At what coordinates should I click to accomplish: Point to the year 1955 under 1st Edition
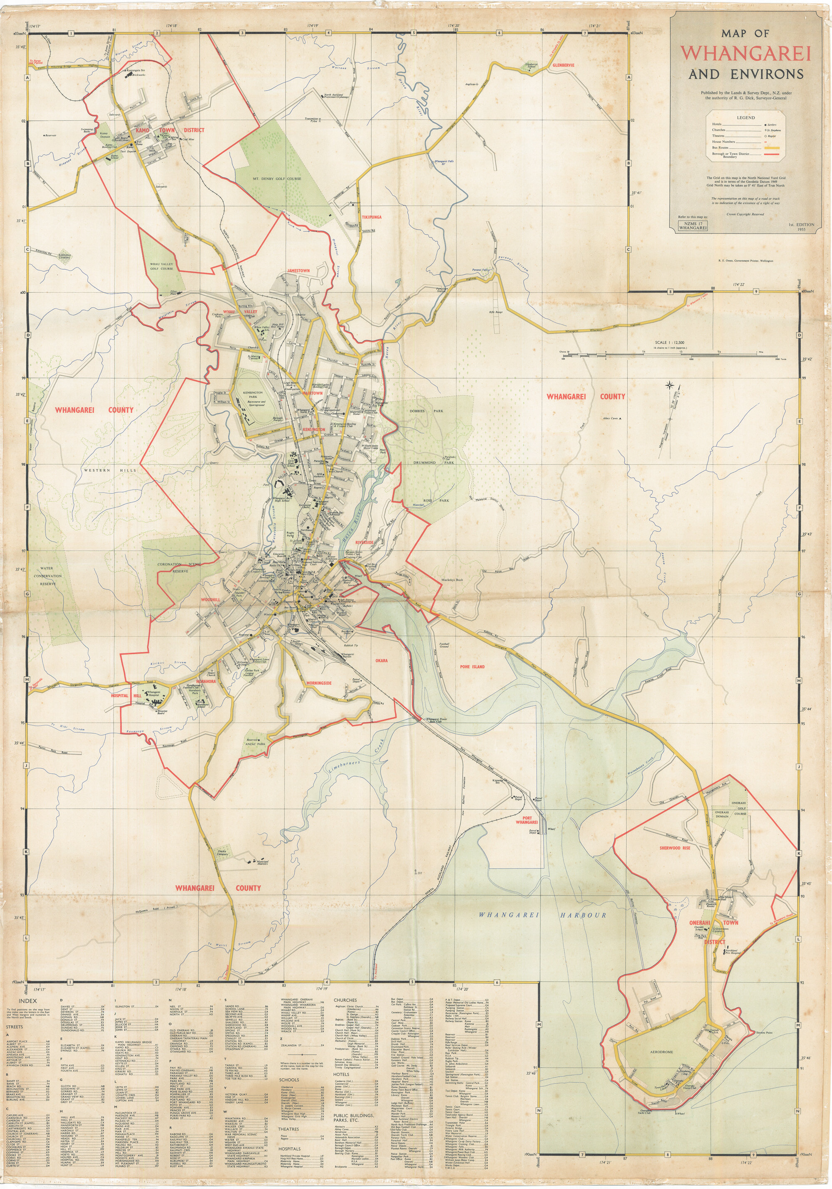(802, 229)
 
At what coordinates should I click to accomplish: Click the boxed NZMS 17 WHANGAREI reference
(693, 226)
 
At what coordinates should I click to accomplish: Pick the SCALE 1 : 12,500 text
(670, 343)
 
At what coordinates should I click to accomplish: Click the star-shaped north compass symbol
(670, 385)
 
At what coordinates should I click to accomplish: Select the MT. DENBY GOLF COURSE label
(277, 179)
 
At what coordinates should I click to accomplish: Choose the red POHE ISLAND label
(472, 667)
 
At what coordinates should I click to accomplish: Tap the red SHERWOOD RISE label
(675, 848)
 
